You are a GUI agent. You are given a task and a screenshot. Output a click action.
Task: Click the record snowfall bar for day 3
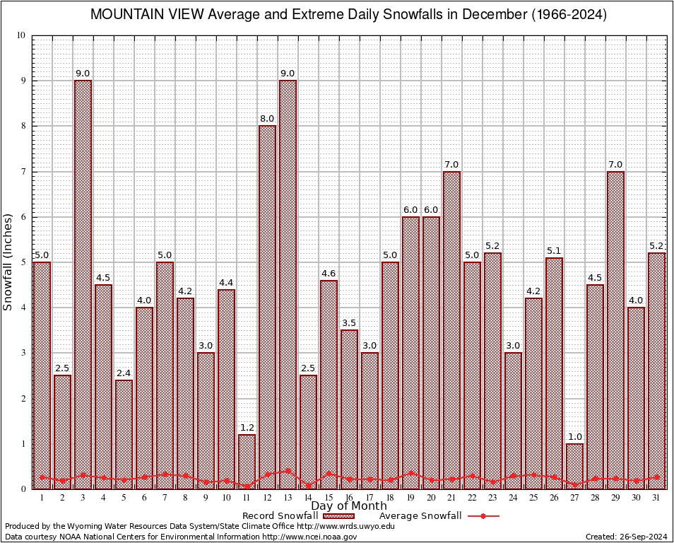tap(83, 283)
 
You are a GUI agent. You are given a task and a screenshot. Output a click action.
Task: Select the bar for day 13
tap(288, 283)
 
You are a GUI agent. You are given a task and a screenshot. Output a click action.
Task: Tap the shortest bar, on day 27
tap(574, 466)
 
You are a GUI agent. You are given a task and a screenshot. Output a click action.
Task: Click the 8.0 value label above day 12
tap(267, 119)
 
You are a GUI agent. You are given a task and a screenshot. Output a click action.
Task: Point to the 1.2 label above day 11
tap(247, 428)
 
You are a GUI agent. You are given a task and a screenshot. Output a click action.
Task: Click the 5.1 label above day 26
tap(554, 250)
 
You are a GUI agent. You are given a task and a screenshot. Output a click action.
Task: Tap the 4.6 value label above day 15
tap(329, 273)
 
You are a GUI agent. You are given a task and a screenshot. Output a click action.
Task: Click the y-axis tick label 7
tap(23, 172)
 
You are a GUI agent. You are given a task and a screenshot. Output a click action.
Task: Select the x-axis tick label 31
tap(656, 497)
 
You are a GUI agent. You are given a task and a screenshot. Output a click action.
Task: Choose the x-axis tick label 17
tap(369, 497)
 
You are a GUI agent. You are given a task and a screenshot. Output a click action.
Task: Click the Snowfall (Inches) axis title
tap(8, 262)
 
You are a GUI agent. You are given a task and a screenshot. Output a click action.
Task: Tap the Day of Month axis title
tap(349, 506)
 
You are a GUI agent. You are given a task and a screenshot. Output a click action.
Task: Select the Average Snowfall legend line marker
tap(483, 516)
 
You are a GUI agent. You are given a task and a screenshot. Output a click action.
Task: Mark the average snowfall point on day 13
tap(288, 470)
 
